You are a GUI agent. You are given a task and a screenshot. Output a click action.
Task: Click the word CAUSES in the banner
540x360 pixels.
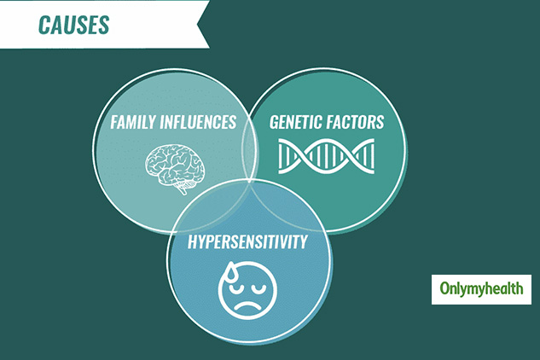(73, 25)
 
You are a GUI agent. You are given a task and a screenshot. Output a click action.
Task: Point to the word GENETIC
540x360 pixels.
(296, 122)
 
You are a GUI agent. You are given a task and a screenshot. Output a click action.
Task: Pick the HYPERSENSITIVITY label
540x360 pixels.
(247, 241)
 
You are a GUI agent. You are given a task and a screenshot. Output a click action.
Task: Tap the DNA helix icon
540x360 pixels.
(326, 156)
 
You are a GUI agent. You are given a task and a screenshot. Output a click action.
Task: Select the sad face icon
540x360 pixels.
(247, 290)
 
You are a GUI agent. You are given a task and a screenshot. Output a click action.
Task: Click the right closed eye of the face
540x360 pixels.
(258, 287)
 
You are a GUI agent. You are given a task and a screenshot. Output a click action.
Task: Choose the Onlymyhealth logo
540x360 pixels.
(481, 289)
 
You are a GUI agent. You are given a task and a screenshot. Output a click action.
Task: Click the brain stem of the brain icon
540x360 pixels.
(182, 189)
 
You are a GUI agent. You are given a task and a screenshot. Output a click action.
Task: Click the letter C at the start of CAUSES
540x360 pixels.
(44, 25)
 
